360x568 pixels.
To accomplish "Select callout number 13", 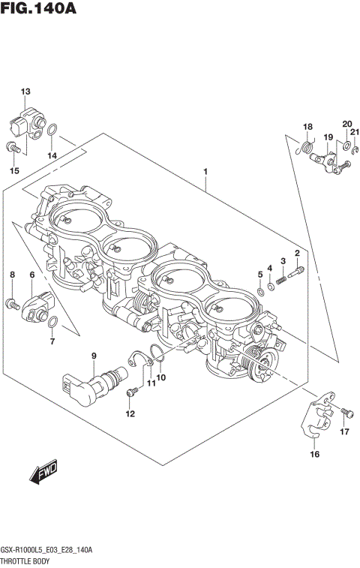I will (25, 92).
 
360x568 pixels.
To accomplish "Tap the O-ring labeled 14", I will (52, 134).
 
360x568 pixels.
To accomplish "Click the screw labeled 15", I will (13, 147).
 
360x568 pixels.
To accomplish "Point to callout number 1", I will (204, 172).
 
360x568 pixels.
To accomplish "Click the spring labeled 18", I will (304, 149).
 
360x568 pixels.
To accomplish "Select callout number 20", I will (346, 124).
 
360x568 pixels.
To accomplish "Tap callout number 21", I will (355, 133).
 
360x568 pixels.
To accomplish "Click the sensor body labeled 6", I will (37, 305).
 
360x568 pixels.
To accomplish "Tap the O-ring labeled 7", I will (52, 323).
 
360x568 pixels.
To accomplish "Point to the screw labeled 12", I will (132, 390).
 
